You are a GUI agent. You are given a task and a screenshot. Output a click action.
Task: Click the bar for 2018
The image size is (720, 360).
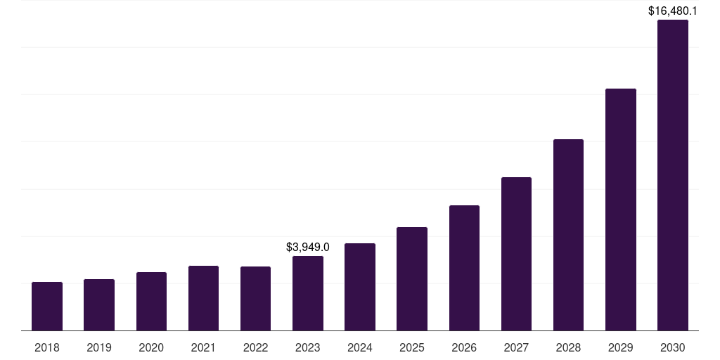[x=47, y=307]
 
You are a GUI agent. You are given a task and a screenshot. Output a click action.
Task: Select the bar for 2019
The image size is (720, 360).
[x=99, y=305]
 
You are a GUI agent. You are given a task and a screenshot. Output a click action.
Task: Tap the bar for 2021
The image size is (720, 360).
[x=203, y=298]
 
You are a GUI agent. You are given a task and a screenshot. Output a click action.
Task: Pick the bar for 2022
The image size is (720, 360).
[x=255, y=299]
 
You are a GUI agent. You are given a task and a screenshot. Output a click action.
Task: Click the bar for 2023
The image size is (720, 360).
[x=308, y=293]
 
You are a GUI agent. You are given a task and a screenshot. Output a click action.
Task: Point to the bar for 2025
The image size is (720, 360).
[x=412, y=279]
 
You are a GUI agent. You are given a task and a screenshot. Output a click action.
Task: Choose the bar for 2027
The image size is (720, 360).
[x=516, y=254]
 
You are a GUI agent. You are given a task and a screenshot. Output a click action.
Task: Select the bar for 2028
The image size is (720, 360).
[x=568, y=235]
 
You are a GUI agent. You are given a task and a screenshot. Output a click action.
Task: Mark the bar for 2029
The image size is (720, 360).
[x=621, y=210]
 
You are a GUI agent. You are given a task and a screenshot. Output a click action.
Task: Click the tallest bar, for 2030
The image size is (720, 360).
[x=673, y=175]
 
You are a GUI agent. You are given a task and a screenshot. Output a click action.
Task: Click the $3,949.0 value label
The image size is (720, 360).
[x=308, y=247]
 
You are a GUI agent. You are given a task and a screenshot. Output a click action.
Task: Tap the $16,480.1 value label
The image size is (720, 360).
[x=673, y=11]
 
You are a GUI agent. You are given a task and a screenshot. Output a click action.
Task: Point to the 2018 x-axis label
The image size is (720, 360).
[x=47, y=347]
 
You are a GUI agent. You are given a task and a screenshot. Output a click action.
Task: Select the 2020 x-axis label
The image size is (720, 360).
[x=151, y=347]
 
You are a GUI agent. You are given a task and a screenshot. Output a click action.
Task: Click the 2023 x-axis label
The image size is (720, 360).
[x=308, y=347]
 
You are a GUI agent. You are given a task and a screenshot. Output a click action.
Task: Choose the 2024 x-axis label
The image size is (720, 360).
[x=360, y=347]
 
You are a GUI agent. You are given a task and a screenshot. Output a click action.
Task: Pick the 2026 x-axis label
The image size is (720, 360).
[x=464, y=347]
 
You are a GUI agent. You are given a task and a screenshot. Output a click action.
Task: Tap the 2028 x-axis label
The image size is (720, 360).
[x=568, y=347]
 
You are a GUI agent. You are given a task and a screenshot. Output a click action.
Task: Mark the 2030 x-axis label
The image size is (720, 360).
[x=673, y=347]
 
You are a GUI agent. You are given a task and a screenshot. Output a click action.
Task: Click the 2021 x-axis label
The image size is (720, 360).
[x=203, y=347]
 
